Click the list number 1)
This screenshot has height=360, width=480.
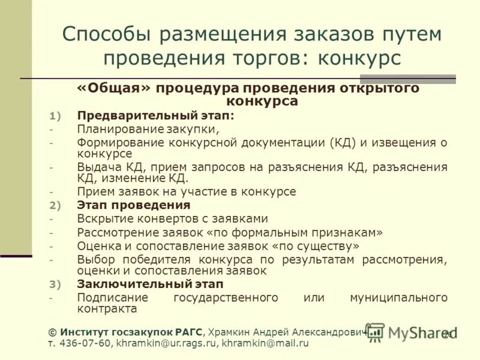pyautogui.click(x=55, y=116)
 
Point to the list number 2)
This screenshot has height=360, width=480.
pyautogui.click(x=55, y=206)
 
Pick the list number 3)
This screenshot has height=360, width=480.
pyautogui.click(x=55, y=284)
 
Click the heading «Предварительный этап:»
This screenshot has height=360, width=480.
pyautogui.click(x=155, y=115)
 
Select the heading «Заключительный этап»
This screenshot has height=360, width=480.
pyautogui.click(x=150, y=284)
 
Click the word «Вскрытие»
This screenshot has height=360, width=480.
pyautogui.click(x=104, y=219)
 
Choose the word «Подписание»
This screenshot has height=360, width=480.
pyautogui.click(x=109, y=298)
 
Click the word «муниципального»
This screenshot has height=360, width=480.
pyautogui.click(x=398, y=298)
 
